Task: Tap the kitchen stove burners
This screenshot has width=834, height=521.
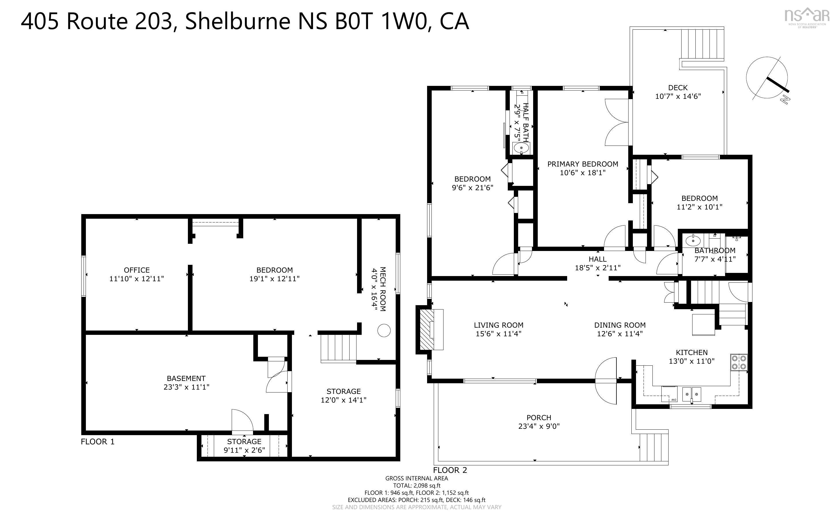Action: coord(739,363)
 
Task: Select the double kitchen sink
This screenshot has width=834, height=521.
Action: coord(691,394)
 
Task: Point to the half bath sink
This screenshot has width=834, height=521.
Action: coord(521,148)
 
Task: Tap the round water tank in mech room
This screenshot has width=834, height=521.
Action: coord(384,331)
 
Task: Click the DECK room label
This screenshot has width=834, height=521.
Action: coord(678,88)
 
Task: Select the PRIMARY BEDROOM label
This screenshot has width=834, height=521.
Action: coord(582,164)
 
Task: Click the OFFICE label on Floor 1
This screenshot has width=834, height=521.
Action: coord(137,270)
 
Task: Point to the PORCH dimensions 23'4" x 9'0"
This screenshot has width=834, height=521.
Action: coord(539,426)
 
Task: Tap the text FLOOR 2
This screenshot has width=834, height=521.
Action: coord(450,470)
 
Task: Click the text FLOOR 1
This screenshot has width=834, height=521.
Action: coord(97,441)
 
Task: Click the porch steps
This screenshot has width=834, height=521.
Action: coord(654,447)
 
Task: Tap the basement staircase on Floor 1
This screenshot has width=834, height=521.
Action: coord(338,348)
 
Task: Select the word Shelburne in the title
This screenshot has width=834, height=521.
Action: coord(238,21)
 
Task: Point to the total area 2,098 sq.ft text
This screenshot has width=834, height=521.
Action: coord(416,486)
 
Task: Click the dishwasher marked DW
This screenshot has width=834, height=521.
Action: coord(669,394)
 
